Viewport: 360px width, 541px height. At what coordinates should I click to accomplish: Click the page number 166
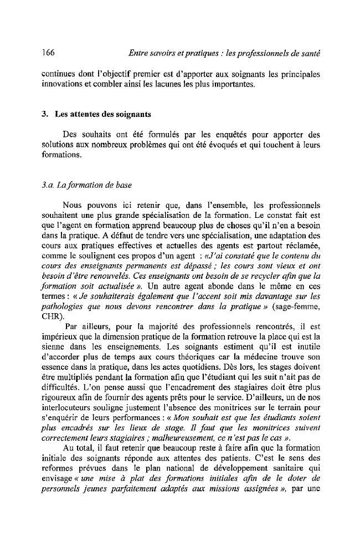(47, 53)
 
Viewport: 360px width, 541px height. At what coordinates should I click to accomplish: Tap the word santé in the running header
(310, 53)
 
